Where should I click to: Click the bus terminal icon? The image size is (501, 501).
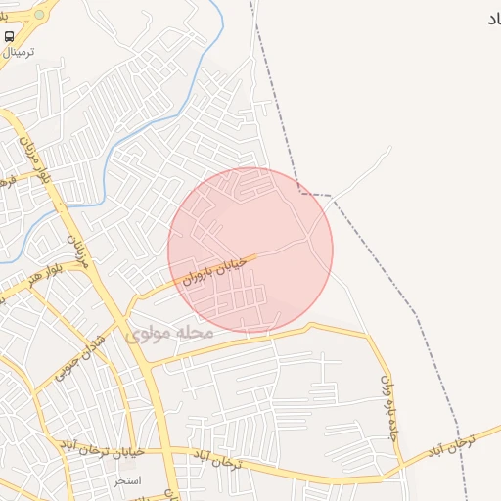tap(10, 36)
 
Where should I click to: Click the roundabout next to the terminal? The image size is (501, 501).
tap(38, 15)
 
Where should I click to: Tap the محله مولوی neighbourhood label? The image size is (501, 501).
tap(168, 333)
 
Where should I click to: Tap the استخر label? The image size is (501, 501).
tap(127, 479)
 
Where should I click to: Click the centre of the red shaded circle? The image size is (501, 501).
tap(250, 250)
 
